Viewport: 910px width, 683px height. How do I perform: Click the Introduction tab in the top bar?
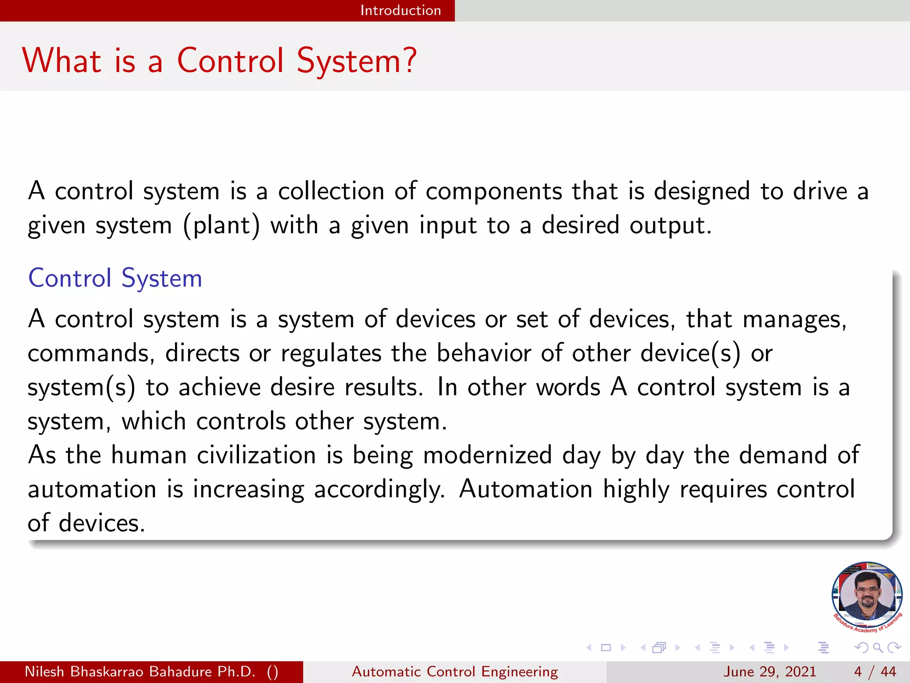pyautogui.click(x=400, y=10)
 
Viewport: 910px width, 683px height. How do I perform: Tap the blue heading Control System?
pyautogui.click(x=115, y=278)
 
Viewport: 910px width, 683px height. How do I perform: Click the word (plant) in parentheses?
pyautogui.click(x=221, y=225)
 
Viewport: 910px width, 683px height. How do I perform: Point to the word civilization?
pyautogui.click(x=256, y=455)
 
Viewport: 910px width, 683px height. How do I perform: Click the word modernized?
pyautogui.click(x=487, y=455)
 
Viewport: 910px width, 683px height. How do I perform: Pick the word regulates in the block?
pyautogui.click(x=331, y=354)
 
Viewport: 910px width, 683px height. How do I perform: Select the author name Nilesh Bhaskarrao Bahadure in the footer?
pyautogui.click(x=140, y=671)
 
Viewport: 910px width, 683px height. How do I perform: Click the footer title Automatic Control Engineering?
pyautogui.click(x=455, y=671)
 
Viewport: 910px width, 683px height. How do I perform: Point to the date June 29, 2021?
pyautogui.click(x=770, y=671)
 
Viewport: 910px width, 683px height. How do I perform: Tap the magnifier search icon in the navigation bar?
pyautogui.click(x=878, y=647)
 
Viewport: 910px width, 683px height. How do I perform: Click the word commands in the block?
pyautogui.click(x=91, y=354)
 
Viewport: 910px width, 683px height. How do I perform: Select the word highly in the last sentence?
pyautogui.click(x=636, y=490)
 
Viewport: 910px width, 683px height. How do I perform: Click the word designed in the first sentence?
pyautogui.click(x=702, y=191)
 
